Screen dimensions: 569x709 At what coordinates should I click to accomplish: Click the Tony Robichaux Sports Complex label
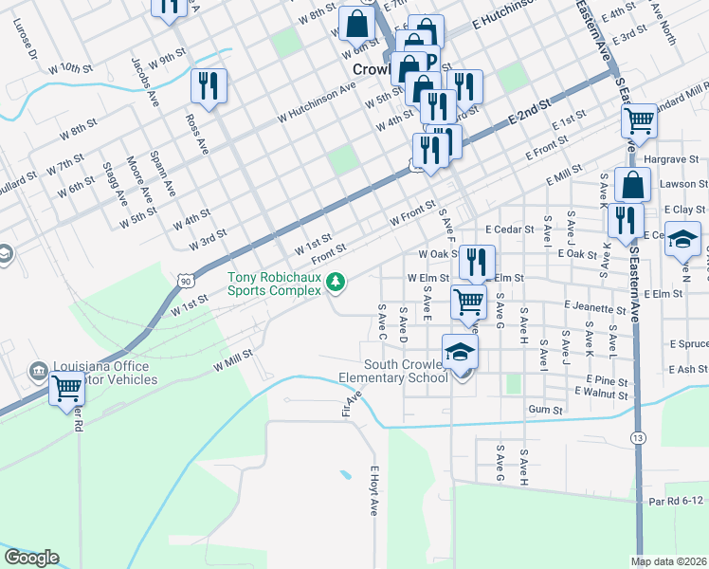pos(274,284)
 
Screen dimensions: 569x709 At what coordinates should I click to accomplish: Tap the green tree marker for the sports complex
pos(335,282)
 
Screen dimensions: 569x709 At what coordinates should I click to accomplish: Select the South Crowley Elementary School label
pos(393,371)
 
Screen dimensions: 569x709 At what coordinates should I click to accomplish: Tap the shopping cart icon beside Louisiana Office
pos(65,389)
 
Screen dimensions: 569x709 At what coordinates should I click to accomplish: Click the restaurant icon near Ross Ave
pos(208,85)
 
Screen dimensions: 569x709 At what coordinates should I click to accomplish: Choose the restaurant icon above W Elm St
pos(477,261)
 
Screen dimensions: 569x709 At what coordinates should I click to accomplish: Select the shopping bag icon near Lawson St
pos(632,184)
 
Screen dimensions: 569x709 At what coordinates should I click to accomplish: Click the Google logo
pos(31,557)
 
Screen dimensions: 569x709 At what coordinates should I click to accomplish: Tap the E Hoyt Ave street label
pos(374,490)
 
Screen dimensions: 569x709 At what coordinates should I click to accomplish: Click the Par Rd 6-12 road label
pos(677,501)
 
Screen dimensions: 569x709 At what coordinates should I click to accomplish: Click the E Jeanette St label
pos(594,308)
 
